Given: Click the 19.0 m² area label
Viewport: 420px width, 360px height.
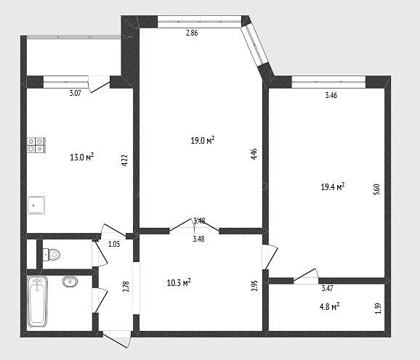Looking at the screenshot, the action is (x=203, y=140).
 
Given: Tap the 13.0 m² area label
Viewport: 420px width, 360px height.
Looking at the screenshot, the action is (x=81, y=157).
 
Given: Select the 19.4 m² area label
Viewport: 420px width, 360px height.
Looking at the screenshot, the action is (x=333, y=187).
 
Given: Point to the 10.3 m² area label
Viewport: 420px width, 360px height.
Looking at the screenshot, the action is (x=179, y=282).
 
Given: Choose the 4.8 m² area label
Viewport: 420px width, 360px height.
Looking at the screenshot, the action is (x=329, y=306).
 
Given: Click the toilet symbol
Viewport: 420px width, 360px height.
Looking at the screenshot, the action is (x=51, y=254).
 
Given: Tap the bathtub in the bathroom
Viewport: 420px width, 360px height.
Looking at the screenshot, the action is (x=38, y=301).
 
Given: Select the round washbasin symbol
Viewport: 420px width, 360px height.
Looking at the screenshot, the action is (x=70, y=282).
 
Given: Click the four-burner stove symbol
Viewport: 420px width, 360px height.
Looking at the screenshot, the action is (x=36, y=145).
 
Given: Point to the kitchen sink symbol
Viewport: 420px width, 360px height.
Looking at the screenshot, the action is (x=36, y=205).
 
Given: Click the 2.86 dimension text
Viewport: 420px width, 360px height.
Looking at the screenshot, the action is (x=192, y=33).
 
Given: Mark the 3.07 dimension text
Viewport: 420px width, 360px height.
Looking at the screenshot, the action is (x=76, y=94).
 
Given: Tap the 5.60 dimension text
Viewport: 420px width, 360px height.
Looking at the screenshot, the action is (x=376, y=189).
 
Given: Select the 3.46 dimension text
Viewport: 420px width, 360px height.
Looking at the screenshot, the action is (x=331, y=95).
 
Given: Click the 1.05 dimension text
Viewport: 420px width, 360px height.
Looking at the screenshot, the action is (x=114, y=244).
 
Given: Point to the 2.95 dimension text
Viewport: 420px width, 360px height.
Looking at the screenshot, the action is (x=254, y=286).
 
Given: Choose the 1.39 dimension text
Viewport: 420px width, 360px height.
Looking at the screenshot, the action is (x=378, y=308).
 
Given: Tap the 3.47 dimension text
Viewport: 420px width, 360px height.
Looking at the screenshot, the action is (x=327, y=288).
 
